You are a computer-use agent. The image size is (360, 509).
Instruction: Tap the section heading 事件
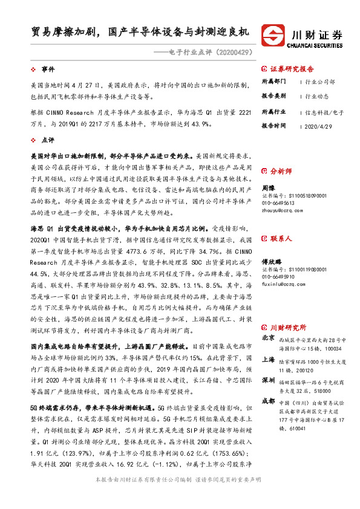click(x=48, y=70)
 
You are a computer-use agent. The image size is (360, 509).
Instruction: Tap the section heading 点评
click(x=48, y=138)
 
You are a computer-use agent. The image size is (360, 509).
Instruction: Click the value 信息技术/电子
click(x=324, y=112)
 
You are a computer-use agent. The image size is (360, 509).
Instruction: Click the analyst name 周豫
click(x=269, y=188)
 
